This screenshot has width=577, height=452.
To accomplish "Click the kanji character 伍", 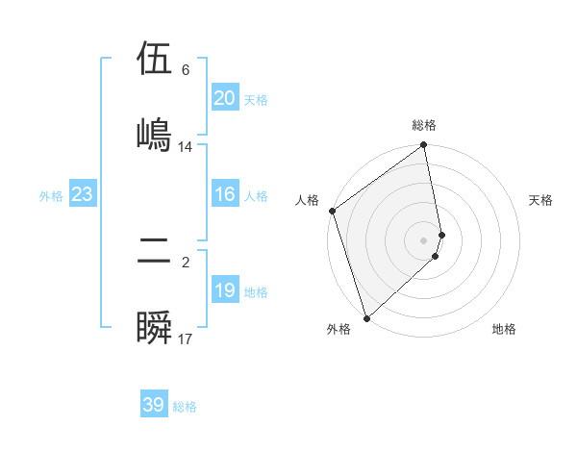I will (154, 60).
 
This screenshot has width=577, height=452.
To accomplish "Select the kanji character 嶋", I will (154, 133).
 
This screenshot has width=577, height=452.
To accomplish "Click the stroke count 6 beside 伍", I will (186, 70).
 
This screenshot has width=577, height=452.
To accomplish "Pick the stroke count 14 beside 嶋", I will (186, 147).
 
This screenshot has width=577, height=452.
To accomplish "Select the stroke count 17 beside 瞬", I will (186, 339).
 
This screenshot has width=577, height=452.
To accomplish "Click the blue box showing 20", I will (224, 98).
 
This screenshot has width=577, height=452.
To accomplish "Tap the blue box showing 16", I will (224, 194).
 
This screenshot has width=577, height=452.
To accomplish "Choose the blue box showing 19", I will (224, 290).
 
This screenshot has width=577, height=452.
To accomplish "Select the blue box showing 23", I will (82, 194).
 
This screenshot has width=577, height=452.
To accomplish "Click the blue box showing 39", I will (154, 405).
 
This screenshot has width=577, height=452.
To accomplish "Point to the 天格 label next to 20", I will (255, 100).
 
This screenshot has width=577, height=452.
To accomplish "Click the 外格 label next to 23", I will (51, 196).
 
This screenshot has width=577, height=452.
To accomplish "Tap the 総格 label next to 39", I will (185, 407).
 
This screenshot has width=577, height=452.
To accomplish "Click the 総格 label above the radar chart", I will (424, 125).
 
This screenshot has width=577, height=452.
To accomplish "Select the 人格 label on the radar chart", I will (308, 200).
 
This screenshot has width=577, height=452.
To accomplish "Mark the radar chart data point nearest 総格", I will (424, 146).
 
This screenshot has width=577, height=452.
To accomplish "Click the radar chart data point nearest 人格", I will (333, 211).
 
